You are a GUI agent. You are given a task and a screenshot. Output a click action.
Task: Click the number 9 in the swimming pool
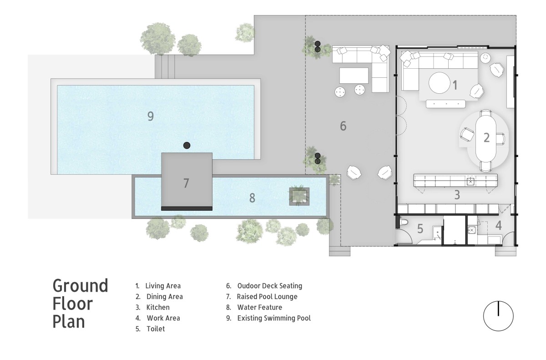pos(151,116)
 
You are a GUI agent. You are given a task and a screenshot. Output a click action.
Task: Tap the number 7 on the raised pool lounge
pos(186,183)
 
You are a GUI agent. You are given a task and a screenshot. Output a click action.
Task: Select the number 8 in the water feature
pos(252,198)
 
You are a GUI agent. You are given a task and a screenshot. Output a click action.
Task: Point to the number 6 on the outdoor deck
pos(343,126)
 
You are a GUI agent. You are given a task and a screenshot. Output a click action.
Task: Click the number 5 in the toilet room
pos(420,228)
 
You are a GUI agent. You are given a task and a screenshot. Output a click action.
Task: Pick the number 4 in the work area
pos(499,225)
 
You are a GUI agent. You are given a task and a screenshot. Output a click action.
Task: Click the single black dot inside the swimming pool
pos(187,146)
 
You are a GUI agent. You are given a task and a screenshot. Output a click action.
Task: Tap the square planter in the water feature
pos(299,197)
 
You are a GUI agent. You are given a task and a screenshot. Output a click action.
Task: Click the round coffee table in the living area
pos(440,83)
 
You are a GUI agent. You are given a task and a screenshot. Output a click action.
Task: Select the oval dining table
pos(486,138)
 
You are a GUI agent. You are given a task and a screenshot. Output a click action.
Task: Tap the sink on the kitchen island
pos(470,181)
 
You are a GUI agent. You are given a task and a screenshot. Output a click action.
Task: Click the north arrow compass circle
pos(499,316)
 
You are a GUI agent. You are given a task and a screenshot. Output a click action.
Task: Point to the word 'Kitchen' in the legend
pos(158,307)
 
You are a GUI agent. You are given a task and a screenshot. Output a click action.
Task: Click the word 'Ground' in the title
pos(80,286)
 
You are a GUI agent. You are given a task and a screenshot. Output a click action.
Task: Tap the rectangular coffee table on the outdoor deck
pos(354,76)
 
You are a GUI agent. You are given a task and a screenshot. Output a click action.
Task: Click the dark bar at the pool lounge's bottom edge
pos(187,208)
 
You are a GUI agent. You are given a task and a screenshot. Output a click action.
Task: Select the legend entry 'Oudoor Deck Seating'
pos(270,286)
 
